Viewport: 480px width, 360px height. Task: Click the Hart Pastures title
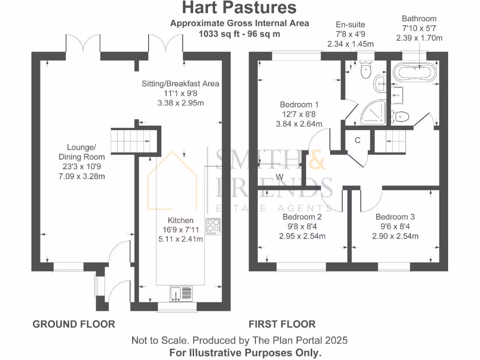coord(239,8)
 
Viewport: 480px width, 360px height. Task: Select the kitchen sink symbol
coord(180,293)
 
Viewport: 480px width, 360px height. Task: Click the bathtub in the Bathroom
coord(414,72)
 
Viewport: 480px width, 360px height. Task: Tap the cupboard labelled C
coord(357,140)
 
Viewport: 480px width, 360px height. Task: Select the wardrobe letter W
coord(280,177)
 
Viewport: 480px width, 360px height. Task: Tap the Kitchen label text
coord(180,220)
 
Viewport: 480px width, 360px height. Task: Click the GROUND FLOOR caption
coord(74,324)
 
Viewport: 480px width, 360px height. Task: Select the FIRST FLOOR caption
coord(282,324)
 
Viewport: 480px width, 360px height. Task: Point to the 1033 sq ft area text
coord(239,33)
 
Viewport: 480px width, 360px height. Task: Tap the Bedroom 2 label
coord(302,217)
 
